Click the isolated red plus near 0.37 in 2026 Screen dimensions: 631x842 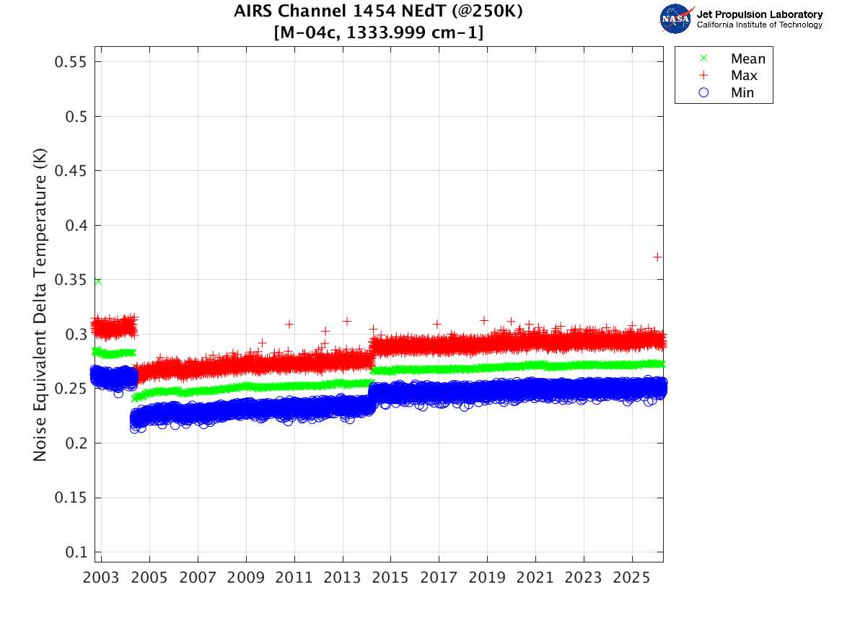point(657,257)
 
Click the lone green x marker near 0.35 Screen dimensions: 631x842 point(97,281)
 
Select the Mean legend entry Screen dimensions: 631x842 point(747,59)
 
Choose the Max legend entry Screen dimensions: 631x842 point(744,76)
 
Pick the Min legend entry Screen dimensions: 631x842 point(742,93)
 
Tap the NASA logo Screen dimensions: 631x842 point(676,18)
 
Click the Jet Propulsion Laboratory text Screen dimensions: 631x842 point(759,14)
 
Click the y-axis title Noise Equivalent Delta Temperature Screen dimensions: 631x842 point(40,304)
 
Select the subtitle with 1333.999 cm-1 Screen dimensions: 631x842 point(379,32)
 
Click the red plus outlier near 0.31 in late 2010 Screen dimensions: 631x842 point(289,324)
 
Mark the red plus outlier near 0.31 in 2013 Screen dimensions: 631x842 point(346,321)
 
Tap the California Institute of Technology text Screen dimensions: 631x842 point(759,25)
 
